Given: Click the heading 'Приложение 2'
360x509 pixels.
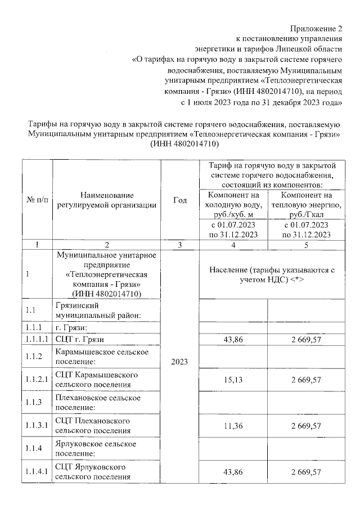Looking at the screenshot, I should [x=316, y=28].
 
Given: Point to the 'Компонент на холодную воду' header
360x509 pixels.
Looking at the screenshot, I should [x=233, y=204].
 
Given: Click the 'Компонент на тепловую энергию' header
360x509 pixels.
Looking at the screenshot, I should [x=306, y=204].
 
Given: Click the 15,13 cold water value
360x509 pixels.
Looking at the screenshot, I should [x=233, y=380].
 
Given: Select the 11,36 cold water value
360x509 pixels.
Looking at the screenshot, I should [x=233, y=426].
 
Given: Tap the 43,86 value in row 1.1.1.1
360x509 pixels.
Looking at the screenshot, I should [x=233, y=339].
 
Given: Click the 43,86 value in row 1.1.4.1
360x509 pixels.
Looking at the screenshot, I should [x=233, y=471].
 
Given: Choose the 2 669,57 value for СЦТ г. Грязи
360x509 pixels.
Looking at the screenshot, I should [x=306, y=339].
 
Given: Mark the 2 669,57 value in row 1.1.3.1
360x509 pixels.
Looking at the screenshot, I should [x=306, y=426].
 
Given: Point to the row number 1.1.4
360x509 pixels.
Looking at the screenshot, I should [x=34, y=449].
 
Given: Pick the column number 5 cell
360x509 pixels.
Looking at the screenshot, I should [x=306, y=245].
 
